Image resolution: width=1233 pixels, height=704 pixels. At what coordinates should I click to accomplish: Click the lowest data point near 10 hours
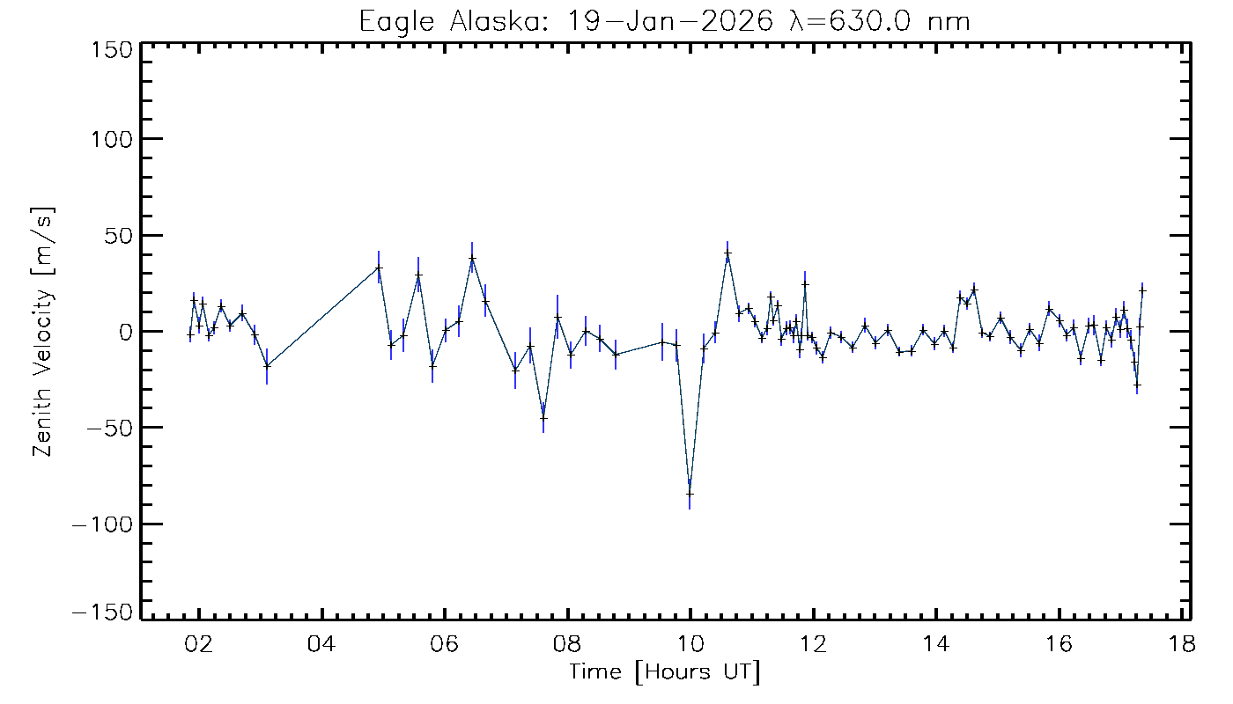[x=690, y=494]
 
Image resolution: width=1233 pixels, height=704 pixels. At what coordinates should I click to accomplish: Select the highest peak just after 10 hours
[x=727, y=253]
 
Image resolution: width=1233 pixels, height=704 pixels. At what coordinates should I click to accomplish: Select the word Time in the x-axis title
[x=597, y=672]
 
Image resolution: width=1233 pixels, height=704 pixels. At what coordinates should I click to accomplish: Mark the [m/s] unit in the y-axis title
[x=42, y=242]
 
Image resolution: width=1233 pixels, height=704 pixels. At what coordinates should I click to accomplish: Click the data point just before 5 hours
[x=379, y=268]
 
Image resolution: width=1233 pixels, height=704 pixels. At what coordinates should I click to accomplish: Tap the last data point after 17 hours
[x=1142, y=290]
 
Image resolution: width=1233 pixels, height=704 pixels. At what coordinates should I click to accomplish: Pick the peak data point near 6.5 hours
[x=472, y=259]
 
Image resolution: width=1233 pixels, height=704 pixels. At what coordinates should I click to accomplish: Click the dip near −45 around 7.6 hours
[x=543, y=418]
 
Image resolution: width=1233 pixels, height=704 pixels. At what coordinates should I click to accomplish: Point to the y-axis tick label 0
[x=127, y=332]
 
